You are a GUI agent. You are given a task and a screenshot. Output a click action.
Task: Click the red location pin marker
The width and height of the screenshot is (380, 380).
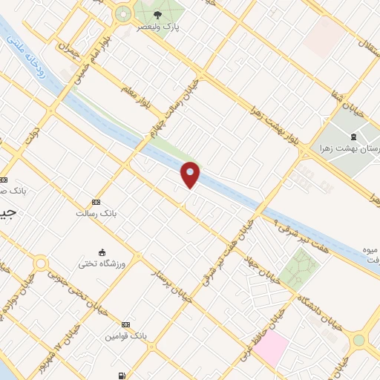click(191, 174)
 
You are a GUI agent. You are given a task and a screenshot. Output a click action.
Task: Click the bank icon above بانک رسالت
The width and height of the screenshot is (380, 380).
click(95, 202)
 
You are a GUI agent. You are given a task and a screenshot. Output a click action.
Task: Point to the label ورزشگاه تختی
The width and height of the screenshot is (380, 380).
click(103, 263)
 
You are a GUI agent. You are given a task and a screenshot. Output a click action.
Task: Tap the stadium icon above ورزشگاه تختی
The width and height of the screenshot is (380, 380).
click(102, 252)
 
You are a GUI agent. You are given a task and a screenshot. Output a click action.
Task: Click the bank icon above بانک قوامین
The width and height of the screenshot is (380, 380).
click(125, 325)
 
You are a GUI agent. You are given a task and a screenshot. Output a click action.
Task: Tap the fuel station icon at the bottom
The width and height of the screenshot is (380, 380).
click(121, 376)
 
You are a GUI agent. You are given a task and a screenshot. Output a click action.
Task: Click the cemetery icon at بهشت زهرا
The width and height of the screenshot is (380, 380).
click(353, 137)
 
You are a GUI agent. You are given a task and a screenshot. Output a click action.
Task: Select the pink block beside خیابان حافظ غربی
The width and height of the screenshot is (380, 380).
click(271, 347)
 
